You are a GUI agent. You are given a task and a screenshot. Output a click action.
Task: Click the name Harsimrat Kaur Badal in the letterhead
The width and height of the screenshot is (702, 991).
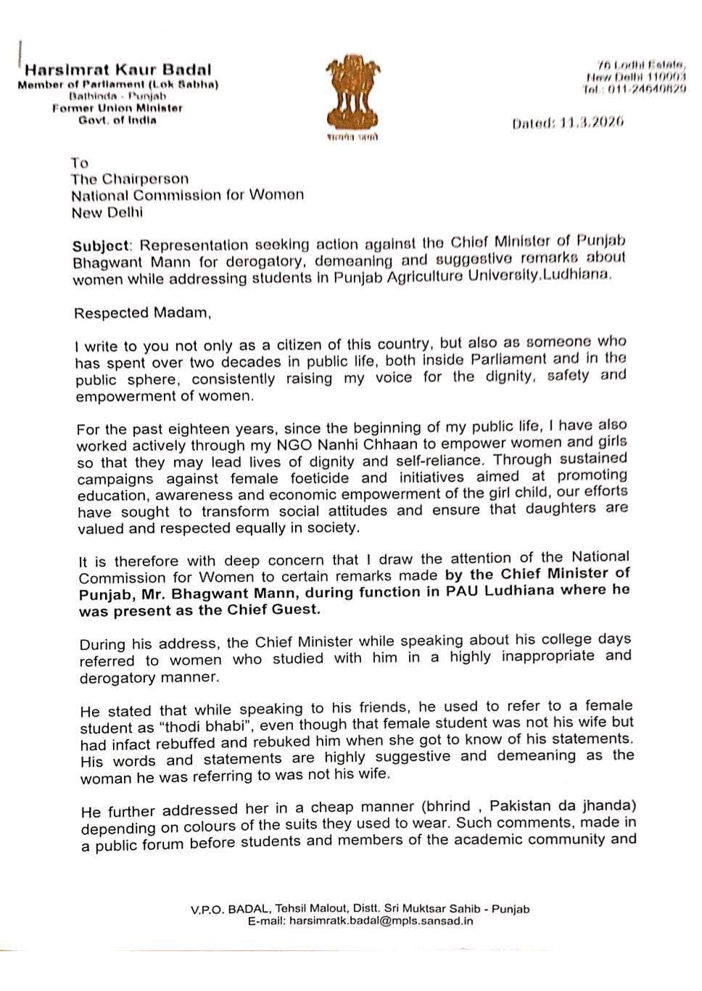tap(118, 70)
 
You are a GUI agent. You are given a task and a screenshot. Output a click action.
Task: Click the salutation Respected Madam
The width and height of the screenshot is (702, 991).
tap(142, 313)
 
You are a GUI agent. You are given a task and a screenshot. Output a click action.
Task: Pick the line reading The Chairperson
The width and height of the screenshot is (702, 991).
tap(130, 178)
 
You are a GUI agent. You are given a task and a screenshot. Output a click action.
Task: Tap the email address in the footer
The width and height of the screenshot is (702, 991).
tap(381, 921)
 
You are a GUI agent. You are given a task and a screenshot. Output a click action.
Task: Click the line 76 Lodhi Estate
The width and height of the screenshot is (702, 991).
tap(640, 65)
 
